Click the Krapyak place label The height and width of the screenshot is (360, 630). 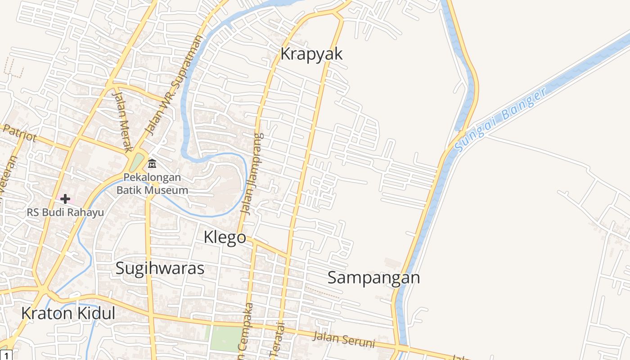tap(311, 54)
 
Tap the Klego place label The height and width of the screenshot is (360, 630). tap(225, 237)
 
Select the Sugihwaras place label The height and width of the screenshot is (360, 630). tap(160, 268)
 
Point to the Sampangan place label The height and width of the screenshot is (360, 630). tap(373, 278)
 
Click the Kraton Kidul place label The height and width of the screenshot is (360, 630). tap(68, 313)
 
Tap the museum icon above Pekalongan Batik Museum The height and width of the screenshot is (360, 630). tap(152, 163)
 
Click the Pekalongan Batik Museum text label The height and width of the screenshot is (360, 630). tap(152, 184)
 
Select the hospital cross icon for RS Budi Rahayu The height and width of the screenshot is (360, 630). tap(65, 198)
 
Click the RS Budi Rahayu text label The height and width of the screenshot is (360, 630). tap(65, 212)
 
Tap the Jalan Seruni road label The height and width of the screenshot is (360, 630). tap(344, 339)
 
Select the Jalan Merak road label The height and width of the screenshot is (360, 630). tap(123, 121)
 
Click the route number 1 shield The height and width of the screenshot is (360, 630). tap(5, 355)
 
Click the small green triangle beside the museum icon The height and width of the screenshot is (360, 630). tap(137, 162)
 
